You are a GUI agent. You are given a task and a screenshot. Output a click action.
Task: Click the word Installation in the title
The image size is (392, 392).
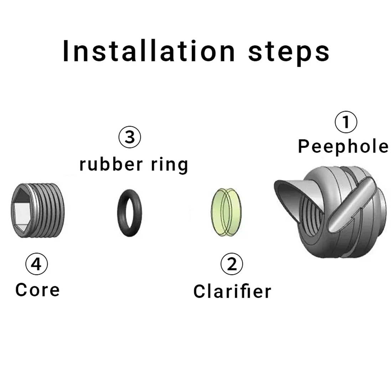point(149,51)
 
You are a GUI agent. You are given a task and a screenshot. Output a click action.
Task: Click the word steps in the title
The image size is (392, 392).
point(289,52)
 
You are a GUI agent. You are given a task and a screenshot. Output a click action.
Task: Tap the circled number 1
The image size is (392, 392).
point(346,122)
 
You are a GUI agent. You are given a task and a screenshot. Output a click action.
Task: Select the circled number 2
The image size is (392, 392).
point(232,264)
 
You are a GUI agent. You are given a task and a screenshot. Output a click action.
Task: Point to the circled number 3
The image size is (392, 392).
point(130,137)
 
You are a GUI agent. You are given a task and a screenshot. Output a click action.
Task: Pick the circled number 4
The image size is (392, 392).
point(36,264)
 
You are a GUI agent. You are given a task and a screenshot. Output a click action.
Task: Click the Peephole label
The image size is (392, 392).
point(343,147)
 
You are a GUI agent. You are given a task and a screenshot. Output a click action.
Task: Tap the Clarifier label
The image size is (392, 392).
point(232,291)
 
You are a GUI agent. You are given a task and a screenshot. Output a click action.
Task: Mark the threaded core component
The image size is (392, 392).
point(37,211)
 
